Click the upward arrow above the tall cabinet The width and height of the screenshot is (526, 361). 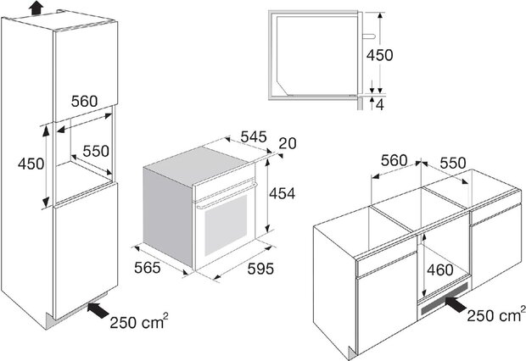[x=36, y=8]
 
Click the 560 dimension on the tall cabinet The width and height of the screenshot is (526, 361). [x=84, y=101]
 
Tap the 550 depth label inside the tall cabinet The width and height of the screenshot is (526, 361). [x=96, y=151]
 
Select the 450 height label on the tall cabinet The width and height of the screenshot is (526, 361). [x=31, y=164]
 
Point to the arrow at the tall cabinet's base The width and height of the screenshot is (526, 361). [x=98, y=309]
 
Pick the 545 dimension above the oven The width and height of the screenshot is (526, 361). [x=254, y=136]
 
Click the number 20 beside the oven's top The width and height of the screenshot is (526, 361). [x=288, y=144]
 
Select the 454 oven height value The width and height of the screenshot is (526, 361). [x=283, y=194]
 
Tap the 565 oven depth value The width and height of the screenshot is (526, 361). [x=148, y=268]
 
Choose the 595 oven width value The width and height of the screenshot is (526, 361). [x=260, y=269]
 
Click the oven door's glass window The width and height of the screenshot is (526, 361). [x=226, y=225]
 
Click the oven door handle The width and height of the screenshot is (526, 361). [x=227, y=196]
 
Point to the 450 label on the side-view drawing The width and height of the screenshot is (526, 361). [x=379, y=55]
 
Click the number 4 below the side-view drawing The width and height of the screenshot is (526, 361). [x=380, y=105]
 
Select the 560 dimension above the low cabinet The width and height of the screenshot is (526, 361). [x=394, y=161]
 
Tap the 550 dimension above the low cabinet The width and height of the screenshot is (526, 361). [x=453, y=164]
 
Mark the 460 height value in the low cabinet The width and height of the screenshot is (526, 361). [x=440, y=270]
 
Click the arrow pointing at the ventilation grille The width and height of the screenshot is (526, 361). [x=456, y=304]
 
